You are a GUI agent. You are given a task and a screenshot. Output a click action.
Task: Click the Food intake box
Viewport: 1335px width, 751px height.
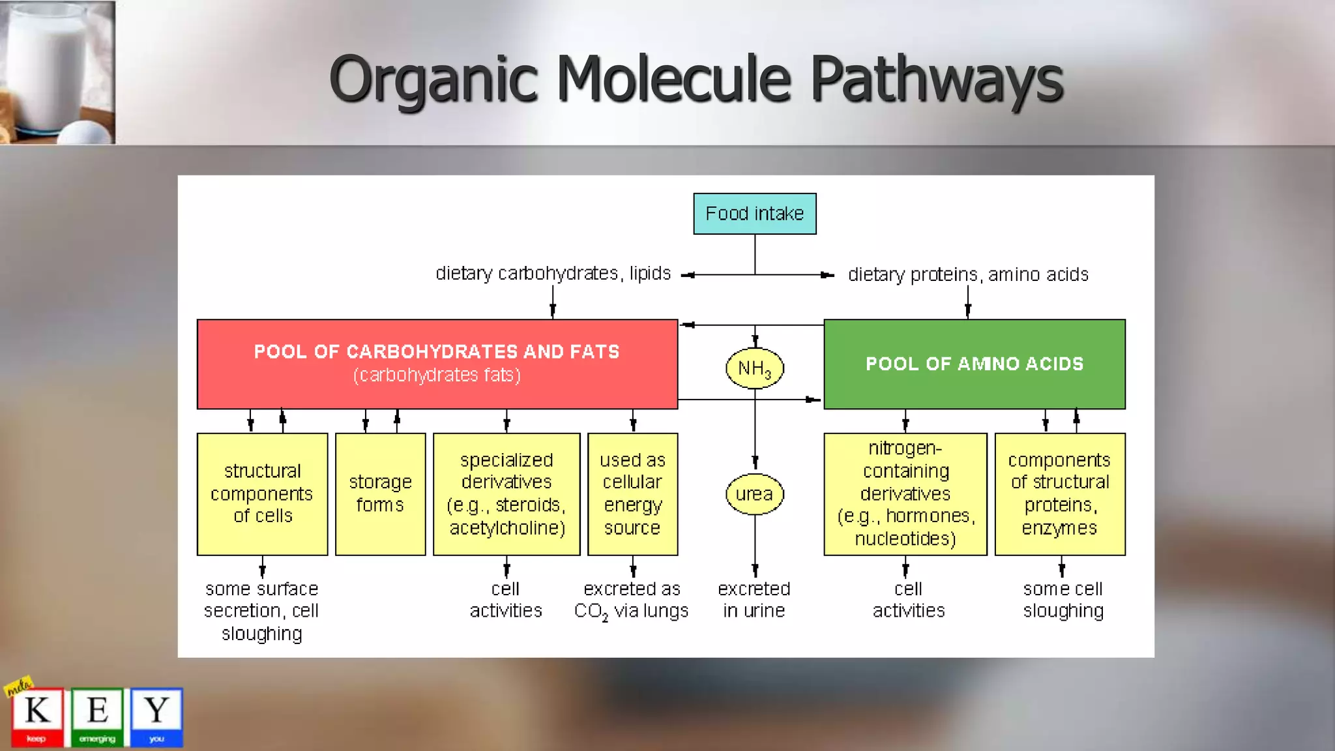pyautogui.click(x=754, y=214)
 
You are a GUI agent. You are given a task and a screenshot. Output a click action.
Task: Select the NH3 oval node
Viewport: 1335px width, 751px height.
pyautogui.click(x=754, y=368)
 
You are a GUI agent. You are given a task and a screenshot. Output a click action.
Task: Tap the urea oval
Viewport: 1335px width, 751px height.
pyautogui.click(x=754, y=494)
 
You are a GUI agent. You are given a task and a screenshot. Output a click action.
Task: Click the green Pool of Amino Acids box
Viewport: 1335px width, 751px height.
pyautogui.click(x=974, y=364)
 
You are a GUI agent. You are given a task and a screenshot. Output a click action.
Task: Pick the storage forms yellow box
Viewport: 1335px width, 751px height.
pyautogui.click(x=380, y=493)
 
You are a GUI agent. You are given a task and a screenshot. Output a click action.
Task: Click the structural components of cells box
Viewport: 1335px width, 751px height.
pyautogui.click(x=262, y=493)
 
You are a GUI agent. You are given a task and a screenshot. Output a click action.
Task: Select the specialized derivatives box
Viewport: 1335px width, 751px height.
pyautogui.click(x=506, y=493)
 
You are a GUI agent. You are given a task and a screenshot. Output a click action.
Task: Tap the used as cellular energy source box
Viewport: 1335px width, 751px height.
pyautogui.click(x=632, y=493)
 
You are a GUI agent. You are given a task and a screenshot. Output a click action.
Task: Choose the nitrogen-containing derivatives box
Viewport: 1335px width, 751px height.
pyautogui.click(x=905, y=493)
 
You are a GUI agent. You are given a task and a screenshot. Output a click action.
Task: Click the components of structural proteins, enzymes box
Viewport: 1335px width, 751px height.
pyautogui.click(x=1059, y=493)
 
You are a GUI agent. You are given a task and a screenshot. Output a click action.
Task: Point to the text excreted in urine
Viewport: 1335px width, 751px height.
pyautogui.click(x=754, y=600)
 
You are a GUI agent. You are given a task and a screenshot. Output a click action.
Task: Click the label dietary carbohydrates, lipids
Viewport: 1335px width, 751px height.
pyautogui.click(x=553, y=273)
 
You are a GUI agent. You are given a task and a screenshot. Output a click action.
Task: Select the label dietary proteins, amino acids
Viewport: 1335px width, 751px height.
pyautogui.click(x=968, y=274)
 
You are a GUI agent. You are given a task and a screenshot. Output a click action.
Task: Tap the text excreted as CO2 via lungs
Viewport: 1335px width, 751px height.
pyautogui.click(x=631, y=600)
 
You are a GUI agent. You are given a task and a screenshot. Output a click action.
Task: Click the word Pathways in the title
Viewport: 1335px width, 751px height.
pyautogui.click(x=936, y=80)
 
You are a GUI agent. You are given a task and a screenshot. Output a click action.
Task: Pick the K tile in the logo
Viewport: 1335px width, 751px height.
pyautogui.click(x=37, y=716)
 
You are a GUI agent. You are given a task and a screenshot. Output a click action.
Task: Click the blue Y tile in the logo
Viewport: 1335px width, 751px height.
pyautogui.click(x=156, y=716)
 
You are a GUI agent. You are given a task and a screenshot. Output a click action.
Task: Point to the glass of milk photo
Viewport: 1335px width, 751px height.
pyautogui.click(x=57, y=72)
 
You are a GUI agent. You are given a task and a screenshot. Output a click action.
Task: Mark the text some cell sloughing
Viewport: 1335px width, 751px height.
pyautogui.click(x=1063, y=600)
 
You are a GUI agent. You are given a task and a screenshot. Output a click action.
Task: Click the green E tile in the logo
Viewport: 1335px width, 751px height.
pyautogui.click(x=97, y=716)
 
